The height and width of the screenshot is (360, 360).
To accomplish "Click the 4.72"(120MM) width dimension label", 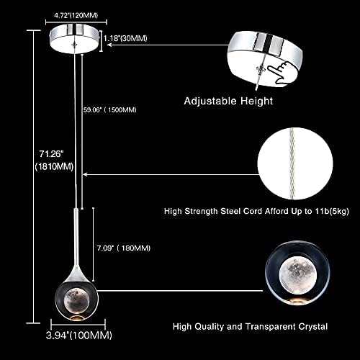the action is pos(76,16).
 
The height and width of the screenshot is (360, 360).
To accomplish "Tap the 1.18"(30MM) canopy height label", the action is pos(125,38).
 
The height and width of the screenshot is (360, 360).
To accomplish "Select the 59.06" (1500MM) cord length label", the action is pos(110,110).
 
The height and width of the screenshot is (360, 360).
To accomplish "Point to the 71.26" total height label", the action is pos(52,154).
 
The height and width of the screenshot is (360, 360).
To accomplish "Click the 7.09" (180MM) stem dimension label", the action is pos(124,248).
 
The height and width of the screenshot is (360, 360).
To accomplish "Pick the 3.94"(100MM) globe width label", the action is pos(79,336).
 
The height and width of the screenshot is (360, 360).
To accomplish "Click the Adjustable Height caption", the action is pos(228,101).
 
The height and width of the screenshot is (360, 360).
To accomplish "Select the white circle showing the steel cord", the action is pos(295,163).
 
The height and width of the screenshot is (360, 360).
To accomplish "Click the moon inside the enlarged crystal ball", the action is pos(298,274).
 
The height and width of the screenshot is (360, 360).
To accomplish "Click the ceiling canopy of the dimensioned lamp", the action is pos(75,39).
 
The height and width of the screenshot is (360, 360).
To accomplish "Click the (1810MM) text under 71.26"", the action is pos(54,166).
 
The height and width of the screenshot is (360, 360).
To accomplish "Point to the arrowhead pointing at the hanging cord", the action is pos(85,175).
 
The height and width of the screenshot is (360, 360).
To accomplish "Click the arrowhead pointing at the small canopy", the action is pos(109,45).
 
